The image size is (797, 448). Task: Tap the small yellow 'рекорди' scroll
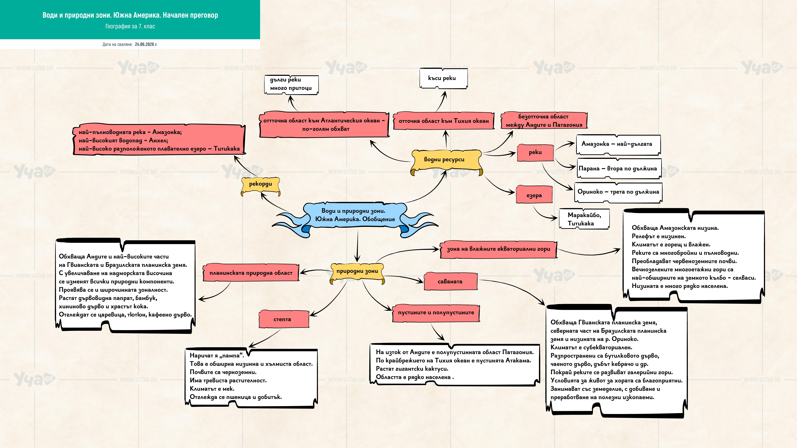pyautogui.click(x=260, y=186)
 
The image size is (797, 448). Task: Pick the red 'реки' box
pyautogui.click(x=535, y=152)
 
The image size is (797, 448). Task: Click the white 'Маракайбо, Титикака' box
pyautogui.click(x=584, y=219)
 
